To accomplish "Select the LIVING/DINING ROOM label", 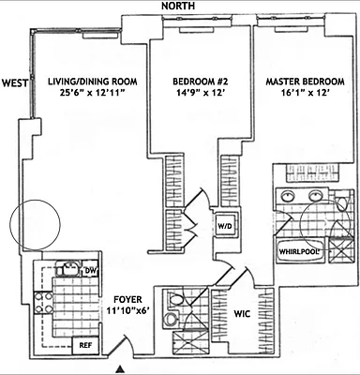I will [x=92, y=82].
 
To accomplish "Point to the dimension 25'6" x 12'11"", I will [x=92, y=96].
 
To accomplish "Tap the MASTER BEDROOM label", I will [x=302, y=82].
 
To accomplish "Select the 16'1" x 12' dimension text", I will [x=302, y=96].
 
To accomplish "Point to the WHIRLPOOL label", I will [x=297, y=251].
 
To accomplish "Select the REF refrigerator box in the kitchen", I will [x=83, y=345].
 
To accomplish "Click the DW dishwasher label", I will [x=91, y=271].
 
